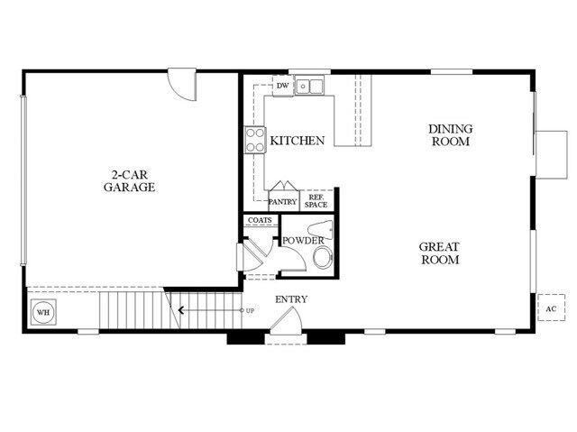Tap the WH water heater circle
click(x=42, y=313)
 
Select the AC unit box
click(x=550, y=308)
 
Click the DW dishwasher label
click(x=282, y=87)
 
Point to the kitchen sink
click(x=312, y=87)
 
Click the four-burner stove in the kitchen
click(x=255, y=140)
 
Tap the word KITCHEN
click(x=298, y=142)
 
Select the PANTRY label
click(x=283, y=202)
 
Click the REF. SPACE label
click(x=316, y=200)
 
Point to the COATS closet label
click(x=259, y=221)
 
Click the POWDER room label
click(x=303, y=241)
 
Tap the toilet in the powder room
click(x=322, y=259)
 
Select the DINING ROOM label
click(x=450, y=135)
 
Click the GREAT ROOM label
click(x=440, y=253)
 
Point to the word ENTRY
click(x=291, y=299)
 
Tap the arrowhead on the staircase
click(x=182, y=311)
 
